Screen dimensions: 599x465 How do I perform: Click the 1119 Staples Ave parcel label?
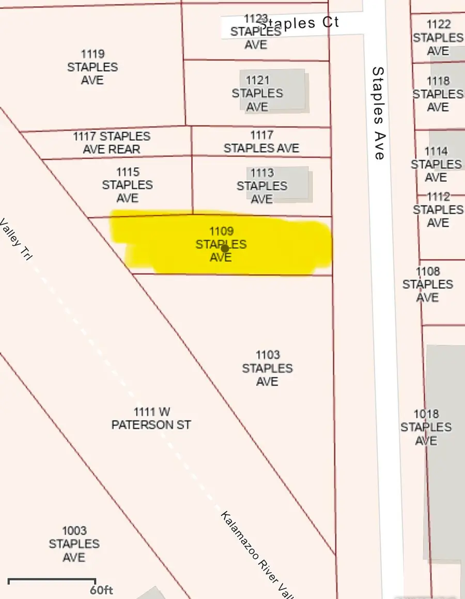(92, 67)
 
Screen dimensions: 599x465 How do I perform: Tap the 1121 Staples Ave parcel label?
(257, 93)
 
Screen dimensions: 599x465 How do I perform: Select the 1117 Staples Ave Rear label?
(112, 143)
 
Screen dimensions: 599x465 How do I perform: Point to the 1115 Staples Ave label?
(127, 185)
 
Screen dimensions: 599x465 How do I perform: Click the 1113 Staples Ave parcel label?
(262, 186)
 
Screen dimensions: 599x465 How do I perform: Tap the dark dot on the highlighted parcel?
(225, 248)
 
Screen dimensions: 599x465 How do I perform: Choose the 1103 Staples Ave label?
(268, 368)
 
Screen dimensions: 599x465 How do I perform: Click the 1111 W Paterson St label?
(151, 418)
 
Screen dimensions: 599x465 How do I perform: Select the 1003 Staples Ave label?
(74, 544)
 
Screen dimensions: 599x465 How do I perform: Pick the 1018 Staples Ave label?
(426, 427)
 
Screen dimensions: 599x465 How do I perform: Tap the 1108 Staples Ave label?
(428, 285)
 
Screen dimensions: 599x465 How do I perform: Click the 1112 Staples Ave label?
(438, 210)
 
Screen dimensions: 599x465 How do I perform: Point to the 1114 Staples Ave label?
(436, 164)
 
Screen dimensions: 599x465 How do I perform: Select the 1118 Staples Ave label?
(438, 94)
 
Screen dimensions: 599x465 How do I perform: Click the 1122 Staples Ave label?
(438, 38)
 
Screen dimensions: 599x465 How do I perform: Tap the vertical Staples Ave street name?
(378, 113)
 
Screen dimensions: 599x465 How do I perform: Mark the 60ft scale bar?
(52, 581)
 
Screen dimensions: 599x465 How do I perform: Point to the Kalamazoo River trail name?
(253, 553)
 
